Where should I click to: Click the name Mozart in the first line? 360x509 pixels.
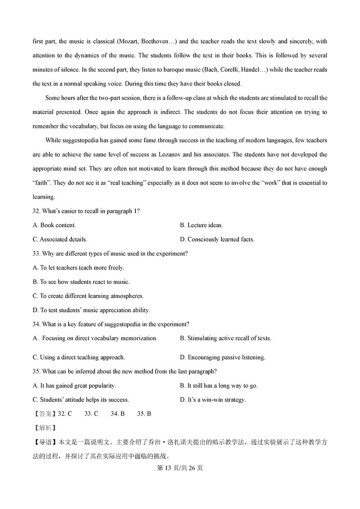128,41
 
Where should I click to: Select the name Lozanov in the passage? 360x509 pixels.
171,154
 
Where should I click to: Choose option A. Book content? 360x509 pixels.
54,225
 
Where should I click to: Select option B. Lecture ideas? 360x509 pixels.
201,225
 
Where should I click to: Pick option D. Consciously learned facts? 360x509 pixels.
217,239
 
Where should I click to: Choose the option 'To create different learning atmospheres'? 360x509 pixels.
88,296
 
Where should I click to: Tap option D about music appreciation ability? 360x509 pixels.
91,310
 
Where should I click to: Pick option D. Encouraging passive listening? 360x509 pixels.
222,357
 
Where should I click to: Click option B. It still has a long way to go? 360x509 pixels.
219,386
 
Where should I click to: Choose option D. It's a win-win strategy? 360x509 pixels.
212,400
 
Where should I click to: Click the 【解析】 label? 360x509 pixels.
44,428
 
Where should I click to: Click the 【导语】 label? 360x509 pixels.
44,442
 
